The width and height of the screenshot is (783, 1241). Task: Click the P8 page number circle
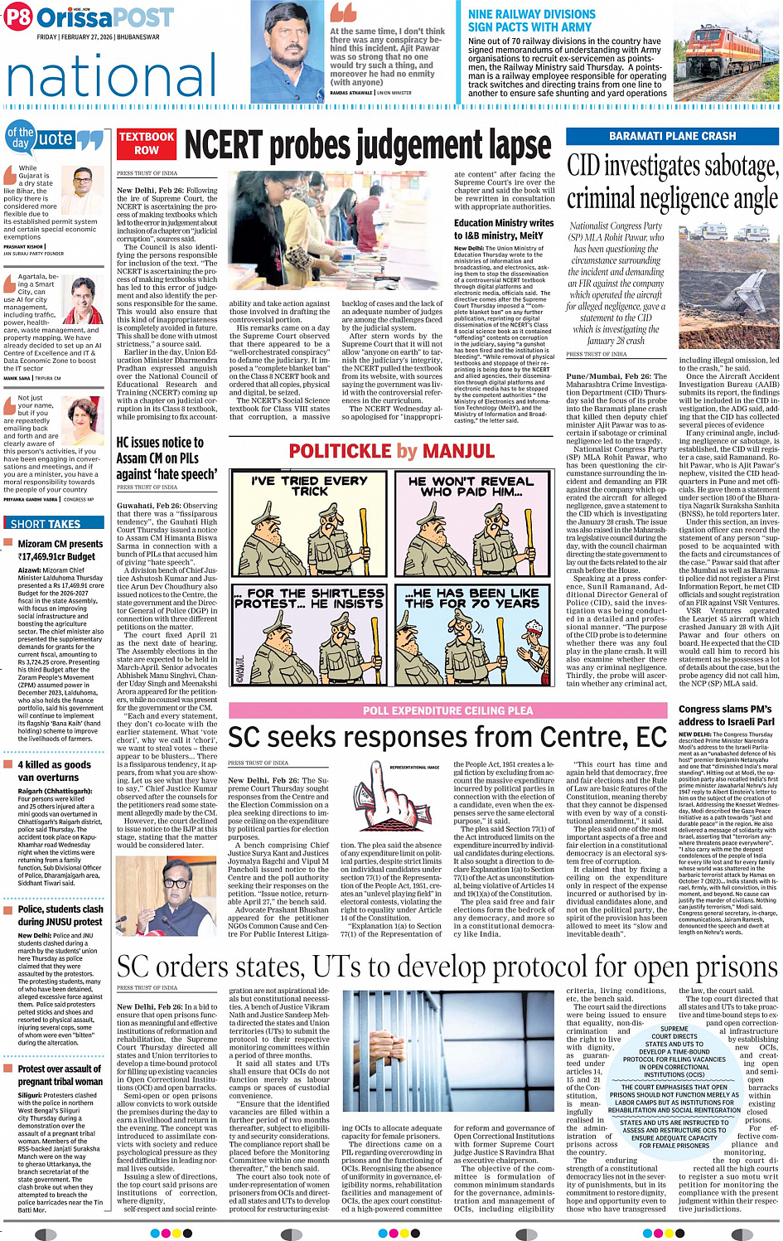[x=17, y=17]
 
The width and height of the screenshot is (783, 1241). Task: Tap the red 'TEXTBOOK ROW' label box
[x=147, y=143]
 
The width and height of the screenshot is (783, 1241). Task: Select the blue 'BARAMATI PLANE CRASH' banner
[x=672, y=136]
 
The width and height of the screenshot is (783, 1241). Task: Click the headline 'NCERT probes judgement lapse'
[x=367, y=146]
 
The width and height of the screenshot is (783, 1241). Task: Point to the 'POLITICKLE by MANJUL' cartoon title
[x=391, y=452]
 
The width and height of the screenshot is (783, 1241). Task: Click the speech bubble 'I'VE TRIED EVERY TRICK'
[x=309, y=486]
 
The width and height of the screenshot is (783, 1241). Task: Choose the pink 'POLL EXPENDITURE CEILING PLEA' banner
[x=447, y=710]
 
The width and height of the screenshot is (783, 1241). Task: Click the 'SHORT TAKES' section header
[x=46, y=524]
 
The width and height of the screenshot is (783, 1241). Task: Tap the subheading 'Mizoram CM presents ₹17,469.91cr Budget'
[x=60, y=550]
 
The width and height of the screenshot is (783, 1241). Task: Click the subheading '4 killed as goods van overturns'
[x=55, y=771]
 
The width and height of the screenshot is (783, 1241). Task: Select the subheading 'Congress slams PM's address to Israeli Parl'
[x=725, y=715]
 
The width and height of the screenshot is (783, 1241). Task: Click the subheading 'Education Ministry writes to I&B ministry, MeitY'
[x=504, y=229]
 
